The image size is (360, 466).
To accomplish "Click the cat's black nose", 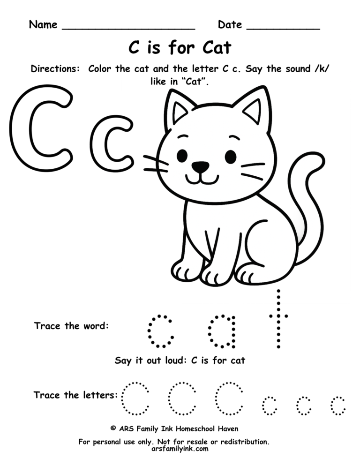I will (x=201, y=166).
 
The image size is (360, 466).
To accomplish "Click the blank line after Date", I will (x=283, y=28).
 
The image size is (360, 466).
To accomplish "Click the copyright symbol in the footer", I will (x=113, y=428).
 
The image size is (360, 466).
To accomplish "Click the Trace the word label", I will (x=71, y=326).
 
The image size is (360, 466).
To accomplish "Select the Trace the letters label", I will (x=75, y=395).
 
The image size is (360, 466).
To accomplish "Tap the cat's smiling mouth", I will (x=201, y=179).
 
